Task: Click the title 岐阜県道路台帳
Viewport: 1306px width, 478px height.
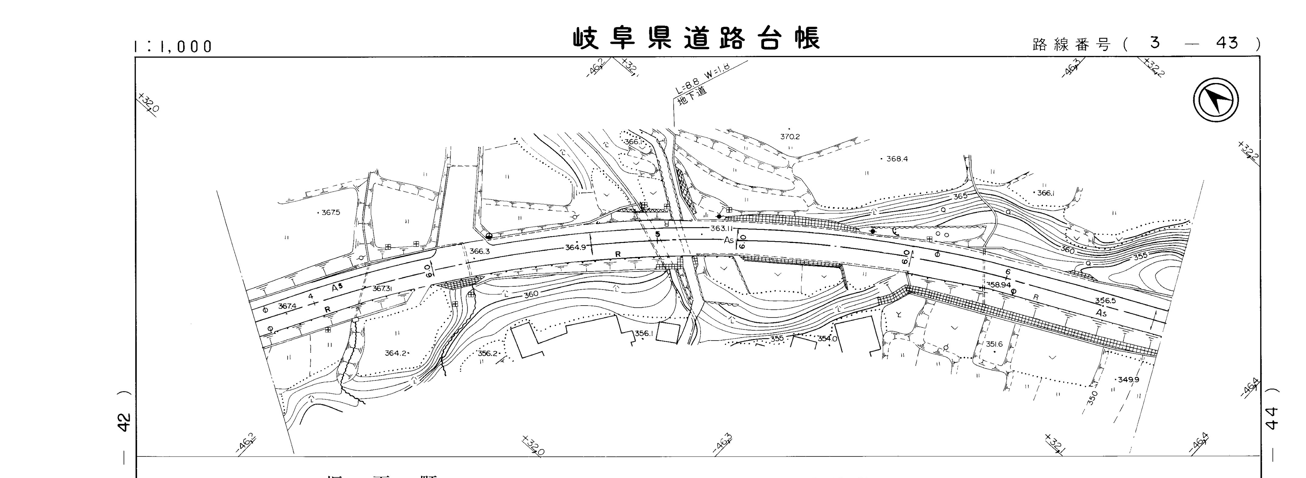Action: (x=696, y=39)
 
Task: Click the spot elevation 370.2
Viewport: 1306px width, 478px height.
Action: (x=790, y=137)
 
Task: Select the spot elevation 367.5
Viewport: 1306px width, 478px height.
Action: (x=330, y=213)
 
